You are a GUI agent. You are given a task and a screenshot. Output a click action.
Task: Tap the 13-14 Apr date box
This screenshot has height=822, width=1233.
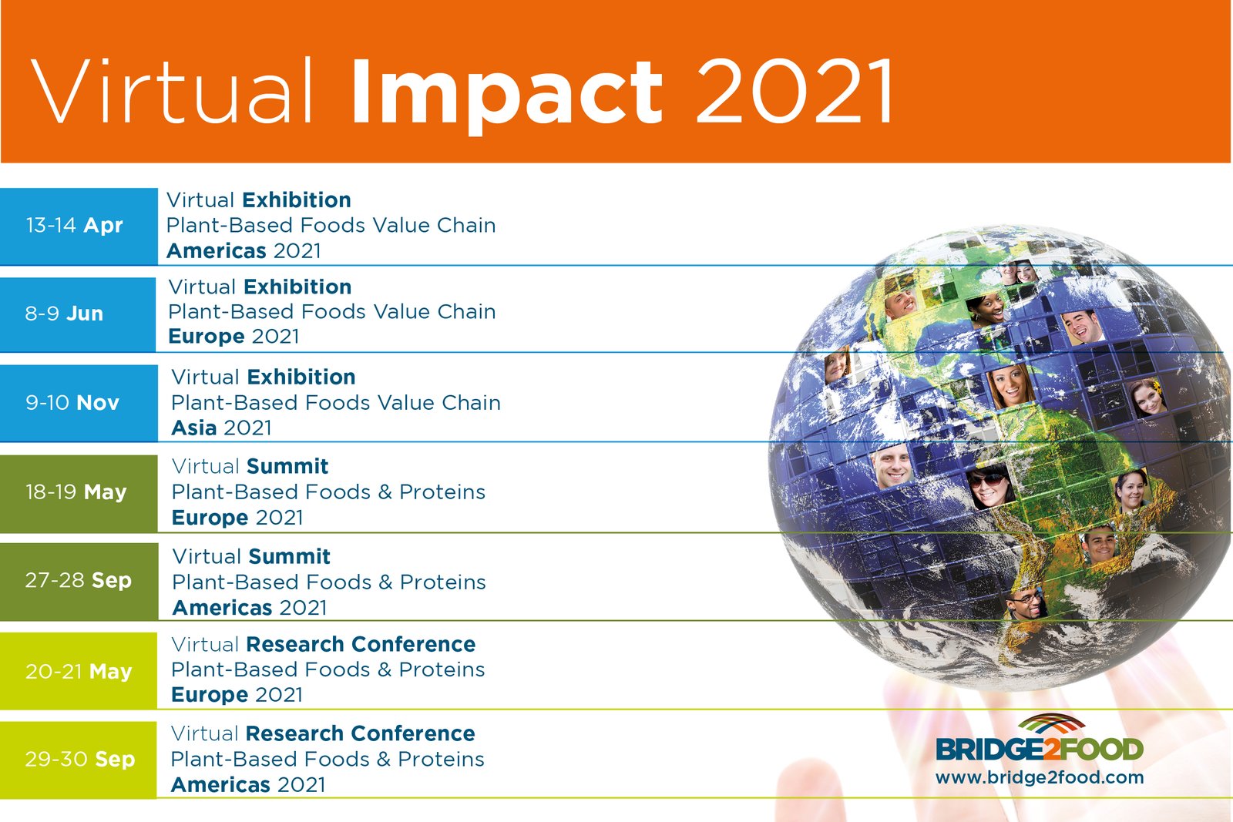79,226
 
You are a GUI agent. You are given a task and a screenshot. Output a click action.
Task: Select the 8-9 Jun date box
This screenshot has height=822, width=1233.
78,314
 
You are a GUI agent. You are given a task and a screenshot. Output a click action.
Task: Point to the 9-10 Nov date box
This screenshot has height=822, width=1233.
79,403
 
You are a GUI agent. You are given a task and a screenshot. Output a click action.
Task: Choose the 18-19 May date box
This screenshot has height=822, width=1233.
79,493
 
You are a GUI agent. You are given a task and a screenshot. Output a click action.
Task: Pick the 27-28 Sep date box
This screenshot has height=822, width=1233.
79,582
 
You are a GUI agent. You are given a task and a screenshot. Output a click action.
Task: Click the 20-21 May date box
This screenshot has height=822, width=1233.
78,671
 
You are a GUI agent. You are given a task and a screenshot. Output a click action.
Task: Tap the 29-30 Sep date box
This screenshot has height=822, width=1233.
78,760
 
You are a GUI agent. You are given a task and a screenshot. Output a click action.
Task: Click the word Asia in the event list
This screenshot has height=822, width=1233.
193,428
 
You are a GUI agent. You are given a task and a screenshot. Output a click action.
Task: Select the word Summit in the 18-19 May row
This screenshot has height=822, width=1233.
287,467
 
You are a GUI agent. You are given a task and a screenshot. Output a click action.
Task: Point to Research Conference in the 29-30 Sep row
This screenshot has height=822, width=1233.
360,733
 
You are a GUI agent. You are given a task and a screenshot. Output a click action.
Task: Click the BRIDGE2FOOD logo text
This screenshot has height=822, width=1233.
1040,750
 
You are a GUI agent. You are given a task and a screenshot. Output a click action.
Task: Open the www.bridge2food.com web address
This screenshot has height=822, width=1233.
1040,777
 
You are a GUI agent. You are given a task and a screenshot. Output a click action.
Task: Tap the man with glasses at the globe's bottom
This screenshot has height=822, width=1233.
1027,603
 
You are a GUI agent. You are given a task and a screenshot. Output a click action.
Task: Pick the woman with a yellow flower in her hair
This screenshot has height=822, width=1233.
1148,398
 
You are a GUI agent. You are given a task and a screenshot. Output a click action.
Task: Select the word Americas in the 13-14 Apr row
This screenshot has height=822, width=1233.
217,251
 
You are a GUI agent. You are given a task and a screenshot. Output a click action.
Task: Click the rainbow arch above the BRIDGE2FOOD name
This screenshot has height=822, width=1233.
1051,723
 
